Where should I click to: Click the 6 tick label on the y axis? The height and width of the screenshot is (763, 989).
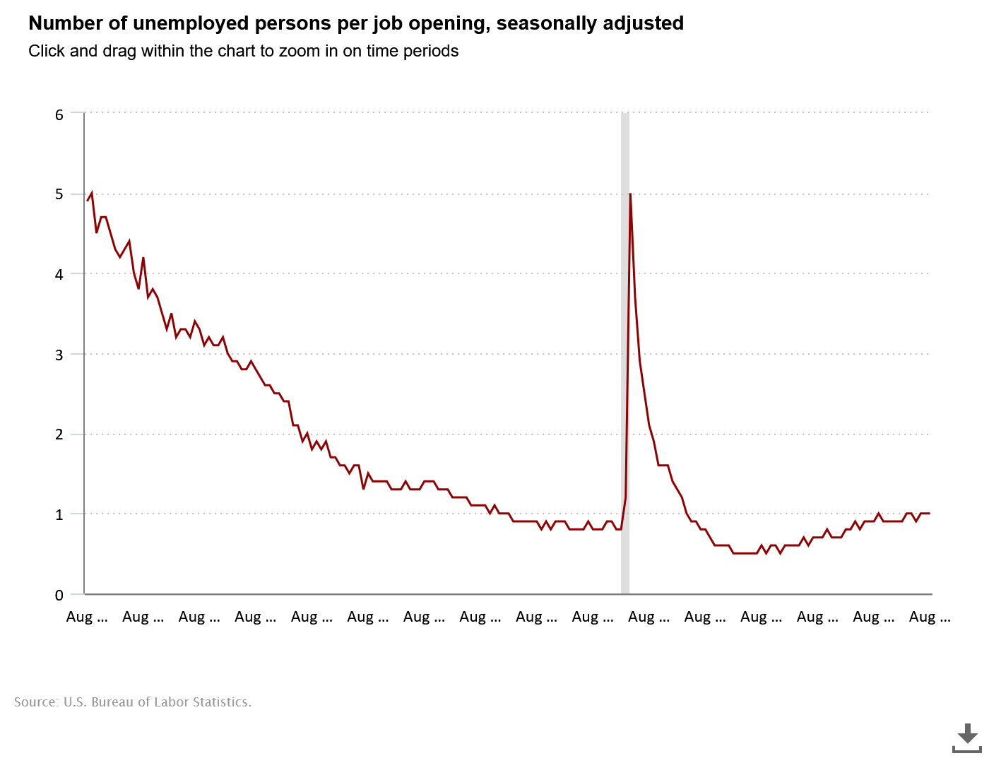(x=59, y=114)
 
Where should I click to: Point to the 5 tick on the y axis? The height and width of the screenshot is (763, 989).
(x=59, y=194)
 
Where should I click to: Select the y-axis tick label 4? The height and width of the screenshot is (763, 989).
(x=59, y=274)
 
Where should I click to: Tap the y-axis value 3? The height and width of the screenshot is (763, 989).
(x=59, y=355)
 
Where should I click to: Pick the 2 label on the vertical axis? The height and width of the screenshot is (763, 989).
(x=59, y=434)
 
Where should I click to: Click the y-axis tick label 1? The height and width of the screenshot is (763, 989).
(x=59, y=514)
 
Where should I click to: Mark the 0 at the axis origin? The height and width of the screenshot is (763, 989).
(x=59, y=595)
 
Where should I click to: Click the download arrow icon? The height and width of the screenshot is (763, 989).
(x=967, y=737)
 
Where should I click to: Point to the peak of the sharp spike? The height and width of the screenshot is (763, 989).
(x=630, y=194)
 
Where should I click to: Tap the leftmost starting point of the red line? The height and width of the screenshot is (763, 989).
(x=88, y=201)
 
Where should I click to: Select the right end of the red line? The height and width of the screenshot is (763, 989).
(x=929, y=513)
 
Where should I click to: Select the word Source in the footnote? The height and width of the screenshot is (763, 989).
(x=35, y=702)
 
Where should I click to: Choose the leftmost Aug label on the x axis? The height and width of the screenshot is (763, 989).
(x=87, y=617)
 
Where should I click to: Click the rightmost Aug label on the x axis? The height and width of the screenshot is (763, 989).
(x=929, y=617)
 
